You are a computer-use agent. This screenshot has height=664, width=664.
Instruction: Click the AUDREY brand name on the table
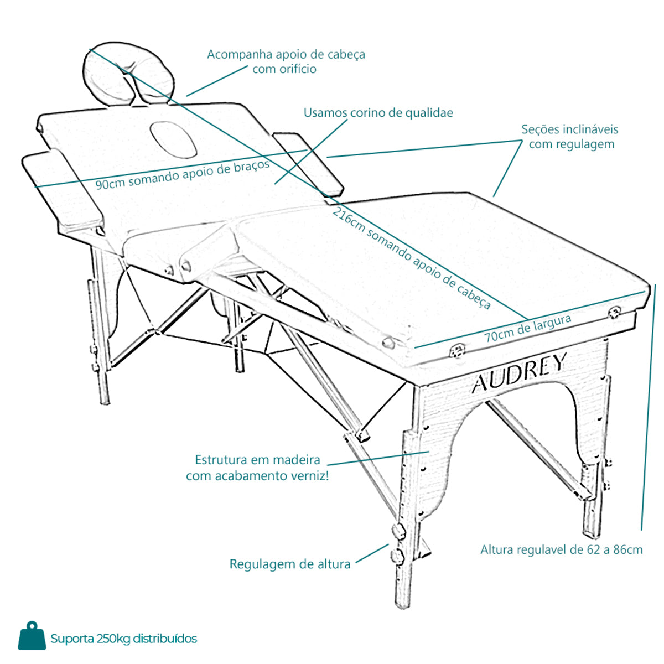[x=520, y=373]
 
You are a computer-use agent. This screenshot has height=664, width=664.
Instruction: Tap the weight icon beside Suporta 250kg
[x=32, y=635]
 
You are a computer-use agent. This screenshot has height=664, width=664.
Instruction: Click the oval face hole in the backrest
[x=173, y=139]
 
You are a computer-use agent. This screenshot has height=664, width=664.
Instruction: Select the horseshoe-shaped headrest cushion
[x=129, y=74]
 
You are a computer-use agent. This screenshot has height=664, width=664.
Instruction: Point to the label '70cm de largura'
[x=528, y=328]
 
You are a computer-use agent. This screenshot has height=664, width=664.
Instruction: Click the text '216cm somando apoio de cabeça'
[x=412, y=258]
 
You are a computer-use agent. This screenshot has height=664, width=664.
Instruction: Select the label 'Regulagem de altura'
[x=290, y=564]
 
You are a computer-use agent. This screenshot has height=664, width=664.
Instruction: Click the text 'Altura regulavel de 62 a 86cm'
[x=561, y=549]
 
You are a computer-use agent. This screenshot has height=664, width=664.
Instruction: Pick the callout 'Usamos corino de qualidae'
[x=378, y=113]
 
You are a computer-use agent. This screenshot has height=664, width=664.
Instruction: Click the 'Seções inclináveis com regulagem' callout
[x=570, y=137]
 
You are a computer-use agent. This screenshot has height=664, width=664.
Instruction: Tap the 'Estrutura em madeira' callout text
[x=257, y=460]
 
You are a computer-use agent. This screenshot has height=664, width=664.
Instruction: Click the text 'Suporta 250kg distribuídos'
[x=124, y=639]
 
